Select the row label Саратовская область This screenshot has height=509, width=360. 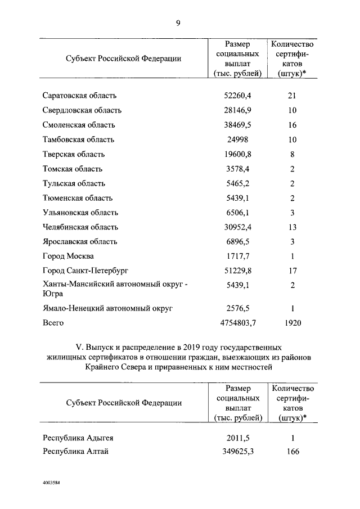pyautogui.click(x=83, y=96)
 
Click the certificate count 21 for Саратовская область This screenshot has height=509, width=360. pyautogui.click(x=292, y=96)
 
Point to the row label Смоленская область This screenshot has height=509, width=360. pyautogui.click(x=79, y=125)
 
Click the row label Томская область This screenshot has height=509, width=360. pyautogui.click(x=73, y=169)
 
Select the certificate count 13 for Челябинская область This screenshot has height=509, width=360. pyautogui.click(x=292, y=227)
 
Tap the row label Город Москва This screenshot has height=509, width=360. pyautogui.click(x=69, y=256)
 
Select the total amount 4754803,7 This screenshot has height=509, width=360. pyautogui.click(x=236, y=323)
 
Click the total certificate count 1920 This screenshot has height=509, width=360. pyautogui.click(x=292, y=323)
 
